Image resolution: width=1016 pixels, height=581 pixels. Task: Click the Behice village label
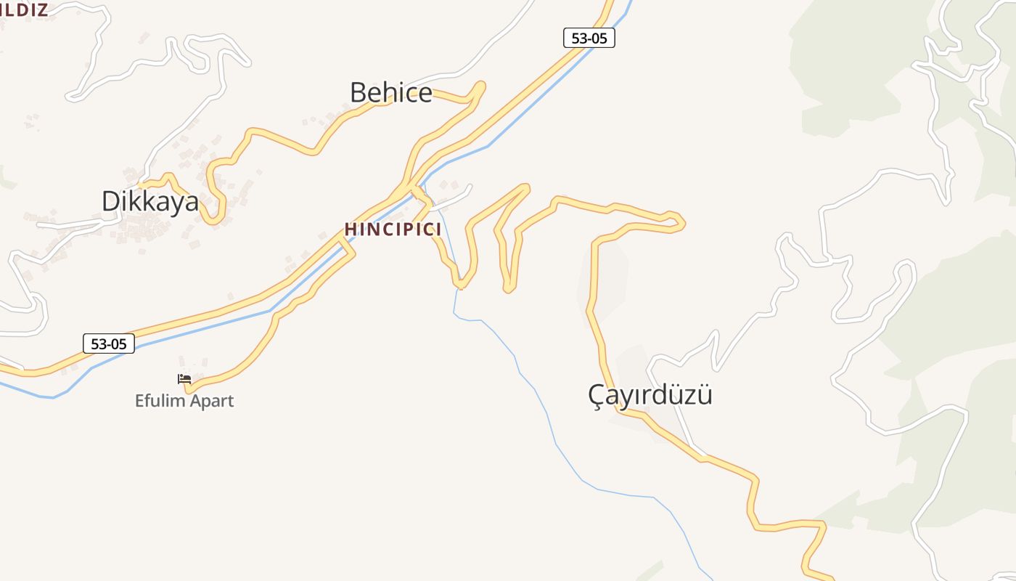[x=390, y=93]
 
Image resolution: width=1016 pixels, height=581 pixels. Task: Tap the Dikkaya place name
[x=149, y=201]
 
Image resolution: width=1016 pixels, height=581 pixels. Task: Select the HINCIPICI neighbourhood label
[x=393, y=229]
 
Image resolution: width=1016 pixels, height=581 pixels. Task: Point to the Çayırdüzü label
[x=650, y=395]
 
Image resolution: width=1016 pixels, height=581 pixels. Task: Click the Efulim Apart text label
[x=184, y=401]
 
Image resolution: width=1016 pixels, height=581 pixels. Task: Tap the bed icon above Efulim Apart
[x=184, y=379]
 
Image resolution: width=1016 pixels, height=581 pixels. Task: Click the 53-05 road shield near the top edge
[x=589, y=38]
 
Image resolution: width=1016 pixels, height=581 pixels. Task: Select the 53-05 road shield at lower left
[x=109, y=344]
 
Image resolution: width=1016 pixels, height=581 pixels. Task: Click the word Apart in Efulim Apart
[x=211, y=401]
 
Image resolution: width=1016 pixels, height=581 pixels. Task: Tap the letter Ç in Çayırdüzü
[x=597, y=396]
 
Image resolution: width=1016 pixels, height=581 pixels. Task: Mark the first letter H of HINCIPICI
[x=350, y=229]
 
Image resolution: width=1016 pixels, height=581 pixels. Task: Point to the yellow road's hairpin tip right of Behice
[x=481, y=86]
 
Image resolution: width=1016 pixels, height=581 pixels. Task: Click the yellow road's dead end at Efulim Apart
[x=188, y=389]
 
